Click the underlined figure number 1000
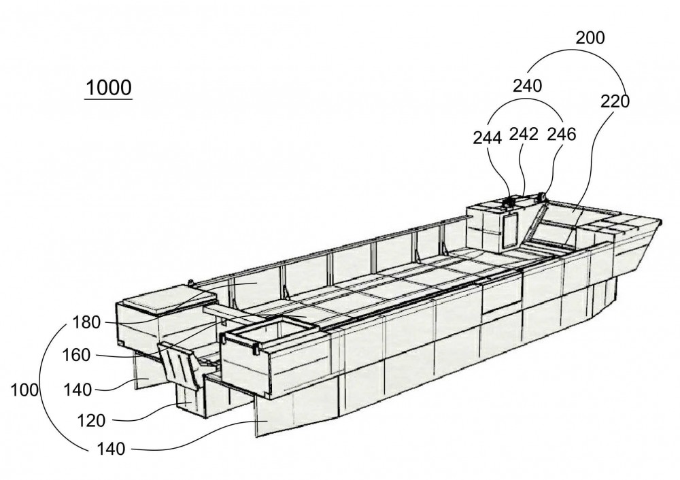pyautogui.click(x=108, y=88)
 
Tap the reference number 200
pyautogui.click(x=590, y=38)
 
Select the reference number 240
pyautogui.click(x=528, y=86)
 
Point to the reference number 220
pyautogui.click(x=615, y=101)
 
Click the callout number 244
pyautogui.click(x=488, y=138)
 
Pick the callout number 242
pyautogui.click(x=524, y=135)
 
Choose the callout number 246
pyautogui.click(x=562, y=135)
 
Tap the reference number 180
pyautogui.click(x=86, y=322)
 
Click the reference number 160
pyautogui.click(x=76, y=356)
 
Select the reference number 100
pyautogui.click(x=24, y=390)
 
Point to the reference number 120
pyautogui.click(x=91, y=421)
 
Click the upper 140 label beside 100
pyautogui.click(x=78, y=390)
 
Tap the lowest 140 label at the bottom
pyautogui.click(x=111, y=449)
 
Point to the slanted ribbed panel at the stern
pyautogui.click(x=179, y=362)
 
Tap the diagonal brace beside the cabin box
pyautogui.click(x=536, y=222)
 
